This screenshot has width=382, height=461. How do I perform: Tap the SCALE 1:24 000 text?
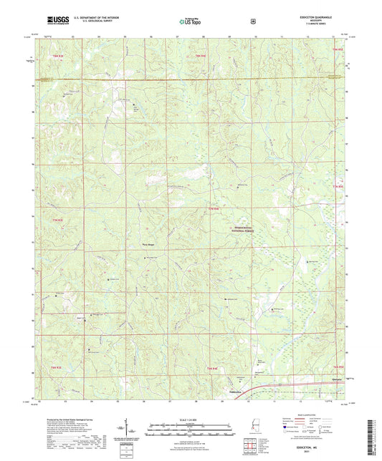coord(190,418)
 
